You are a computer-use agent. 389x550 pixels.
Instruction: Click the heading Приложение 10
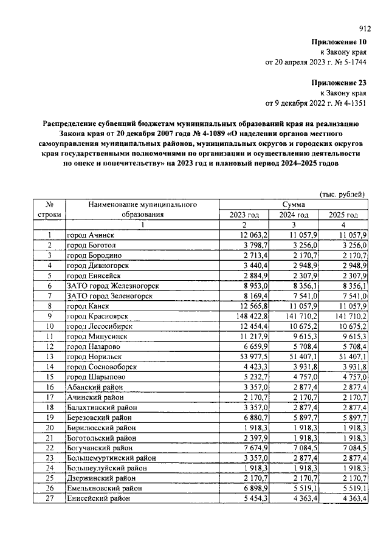coord(339,42)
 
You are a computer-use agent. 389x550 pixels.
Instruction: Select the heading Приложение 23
coord(339,82)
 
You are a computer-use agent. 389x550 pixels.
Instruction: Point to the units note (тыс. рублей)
coord(342,194)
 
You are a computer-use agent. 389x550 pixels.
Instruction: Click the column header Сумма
coord(294,205)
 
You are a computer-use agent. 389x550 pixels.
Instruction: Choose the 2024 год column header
coord(294,215)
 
